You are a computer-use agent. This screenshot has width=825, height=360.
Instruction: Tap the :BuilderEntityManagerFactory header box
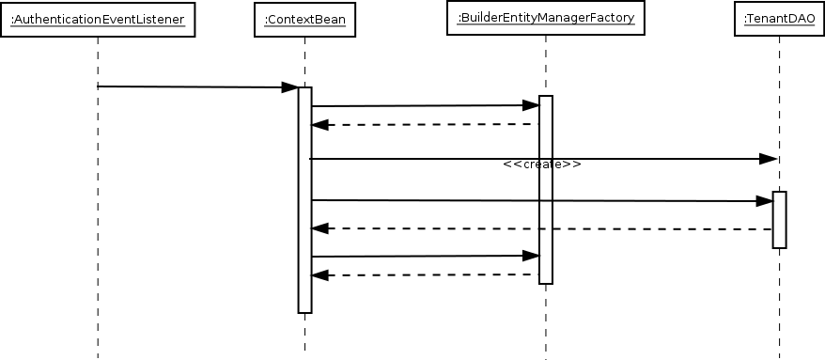pyautogui.click(x=545, y=18)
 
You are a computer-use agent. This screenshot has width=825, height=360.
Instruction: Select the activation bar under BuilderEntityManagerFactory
pyautogui.click(x=545, y=188)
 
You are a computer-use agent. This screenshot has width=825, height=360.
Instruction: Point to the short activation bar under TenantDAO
pyautogui.click(x=779, y=220)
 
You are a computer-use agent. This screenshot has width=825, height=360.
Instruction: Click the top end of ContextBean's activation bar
pyautogui.click(x=304, y=90)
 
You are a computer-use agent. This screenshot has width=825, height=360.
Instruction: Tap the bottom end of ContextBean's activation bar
pyautogui.click(x=304, y=309)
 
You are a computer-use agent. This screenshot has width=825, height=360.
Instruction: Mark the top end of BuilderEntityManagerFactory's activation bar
pyautogui.click(x=545, y=99)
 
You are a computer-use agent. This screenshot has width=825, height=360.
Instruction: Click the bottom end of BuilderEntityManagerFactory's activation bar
pyautogui.click(x=545, y=280)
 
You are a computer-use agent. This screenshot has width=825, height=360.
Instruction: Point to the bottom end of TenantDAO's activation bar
pyautogui.click(x=779, y=245)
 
